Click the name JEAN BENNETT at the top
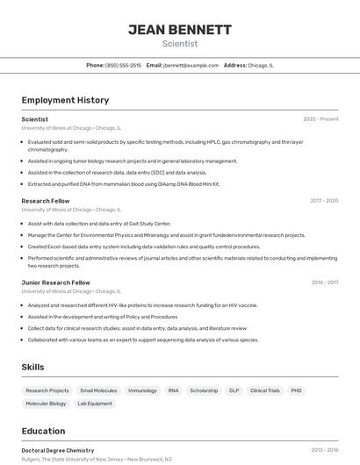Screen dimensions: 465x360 tap(180, 30)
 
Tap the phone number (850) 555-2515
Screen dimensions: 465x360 tap(123, 65)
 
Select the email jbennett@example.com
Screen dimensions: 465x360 tap(191, 65)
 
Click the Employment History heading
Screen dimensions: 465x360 tap(65, 100)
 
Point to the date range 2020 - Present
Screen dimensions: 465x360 tap(320, 119)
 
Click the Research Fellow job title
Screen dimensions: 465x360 tap(46, 201)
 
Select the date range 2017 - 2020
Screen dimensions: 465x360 tap(324, 201)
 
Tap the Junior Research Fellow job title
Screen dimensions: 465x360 tap(56, 283)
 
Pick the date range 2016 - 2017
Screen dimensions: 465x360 tap(324, 283)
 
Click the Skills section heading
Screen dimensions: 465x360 tap(32, 367)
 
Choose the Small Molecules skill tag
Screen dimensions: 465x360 tap(98, 390)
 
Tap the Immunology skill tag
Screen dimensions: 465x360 tap(142, 390)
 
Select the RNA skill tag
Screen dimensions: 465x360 tap(173, 390)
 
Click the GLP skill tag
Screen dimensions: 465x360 tap(234, 390)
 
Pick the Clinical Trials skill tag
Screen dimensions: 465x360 tap(264, 390)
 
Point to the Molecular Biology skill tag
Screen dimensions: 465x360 tap(46, 404)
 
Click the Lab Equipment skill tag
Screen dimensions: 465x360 tap(95, 404)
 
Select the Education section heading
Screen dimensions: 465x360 tap(43, 431)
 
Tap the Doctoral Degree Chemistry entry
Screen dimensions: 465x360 tap(58, 450)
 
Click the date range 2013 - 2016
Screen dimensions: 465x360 tap(324, 450)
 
